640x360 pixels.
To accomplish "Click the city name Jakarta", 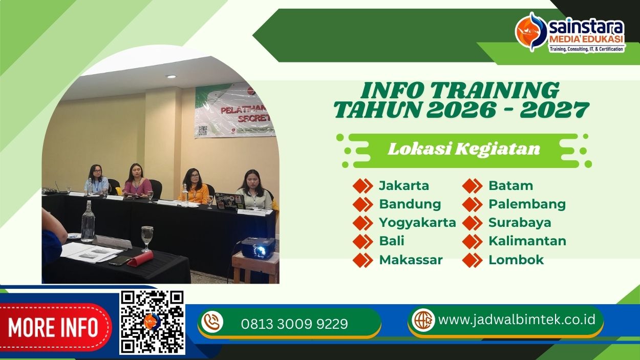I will pos(403,185).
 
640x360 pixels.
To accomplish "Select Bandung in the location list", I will pos(410,204).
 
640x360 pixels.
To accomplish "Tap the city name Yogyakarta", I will pos(417,222).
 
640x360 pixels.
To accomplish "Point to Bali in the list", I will pos(392,241).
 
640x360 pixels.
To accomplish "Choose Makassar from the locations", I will pos(411,260).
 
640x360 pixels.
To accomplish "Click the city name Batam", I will pos(510,185).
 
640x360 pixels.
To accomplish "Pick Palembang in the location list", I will pos(527,204).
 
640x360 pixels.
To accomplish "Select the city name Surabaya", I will pos(520,222).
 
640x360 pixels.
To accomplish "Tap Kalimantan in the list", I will pos(527,241).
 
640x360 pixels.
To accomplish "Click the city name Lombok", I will pos(516,260).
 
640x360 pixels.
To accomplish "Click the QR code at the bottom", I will pos(152,322).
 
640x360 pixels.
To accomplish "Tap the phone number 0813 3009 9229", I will pos(294,324).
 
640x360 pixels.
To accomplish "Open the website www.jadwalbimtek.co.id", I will pos(517,320).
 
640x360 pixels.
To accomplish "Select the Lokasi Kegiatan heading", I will pos(464,150).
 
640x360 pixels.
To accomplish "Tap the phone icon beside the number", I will pos(212,322).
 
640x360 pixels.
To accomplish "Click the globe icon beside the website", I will pos(423,320).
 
